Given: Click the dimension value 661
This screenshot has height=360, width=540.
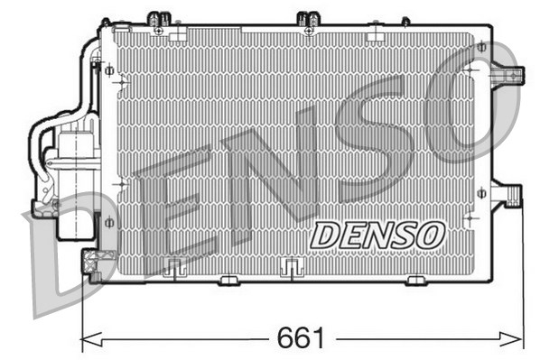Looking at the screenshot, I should (301, 338).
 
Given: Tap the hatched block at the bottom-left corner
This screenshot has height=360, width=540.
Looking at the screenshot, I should (90, 262).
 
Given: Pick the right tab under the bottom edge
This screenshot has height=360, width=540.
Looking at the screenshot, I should (415, 280).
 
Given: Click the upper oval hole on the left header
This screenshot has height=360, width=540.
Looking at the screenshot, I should (109, 69).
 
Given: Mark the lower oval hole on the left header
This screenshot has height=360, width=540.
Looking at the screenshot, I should (109, 222).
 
